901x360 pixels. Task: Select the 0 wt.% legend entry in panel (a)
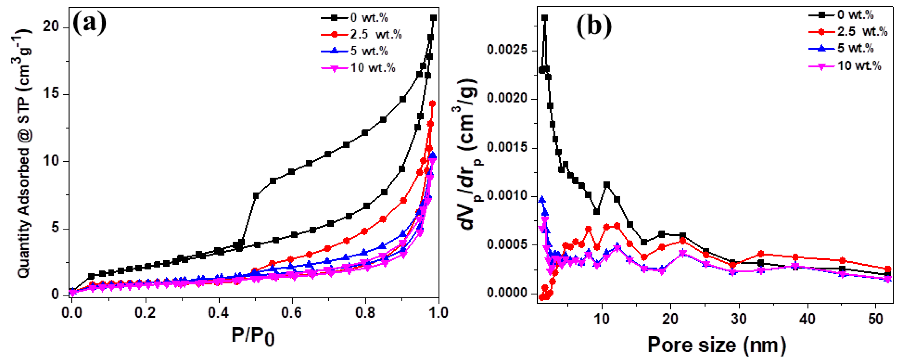[x=369, y=18]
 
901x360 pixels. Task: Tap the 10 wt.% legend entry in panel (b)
[x=859, y=66]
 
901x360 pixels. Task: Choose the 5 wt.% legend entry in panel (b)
[x=855, y=48]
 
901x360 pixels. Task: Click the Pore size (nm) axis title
[x=717, y=345]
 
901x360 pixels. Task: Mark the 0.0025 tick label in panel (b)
[x=507, y=50]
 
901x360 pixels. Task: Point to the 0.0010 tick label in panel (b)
[x=507, y=196]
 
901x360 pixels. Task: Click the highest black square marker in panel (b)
[x=545, y=18]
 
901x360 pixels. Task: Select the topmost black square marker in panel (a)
[x=433, y=18]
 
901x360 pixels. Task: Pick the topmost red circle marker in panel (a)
[x=432, y=104]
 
